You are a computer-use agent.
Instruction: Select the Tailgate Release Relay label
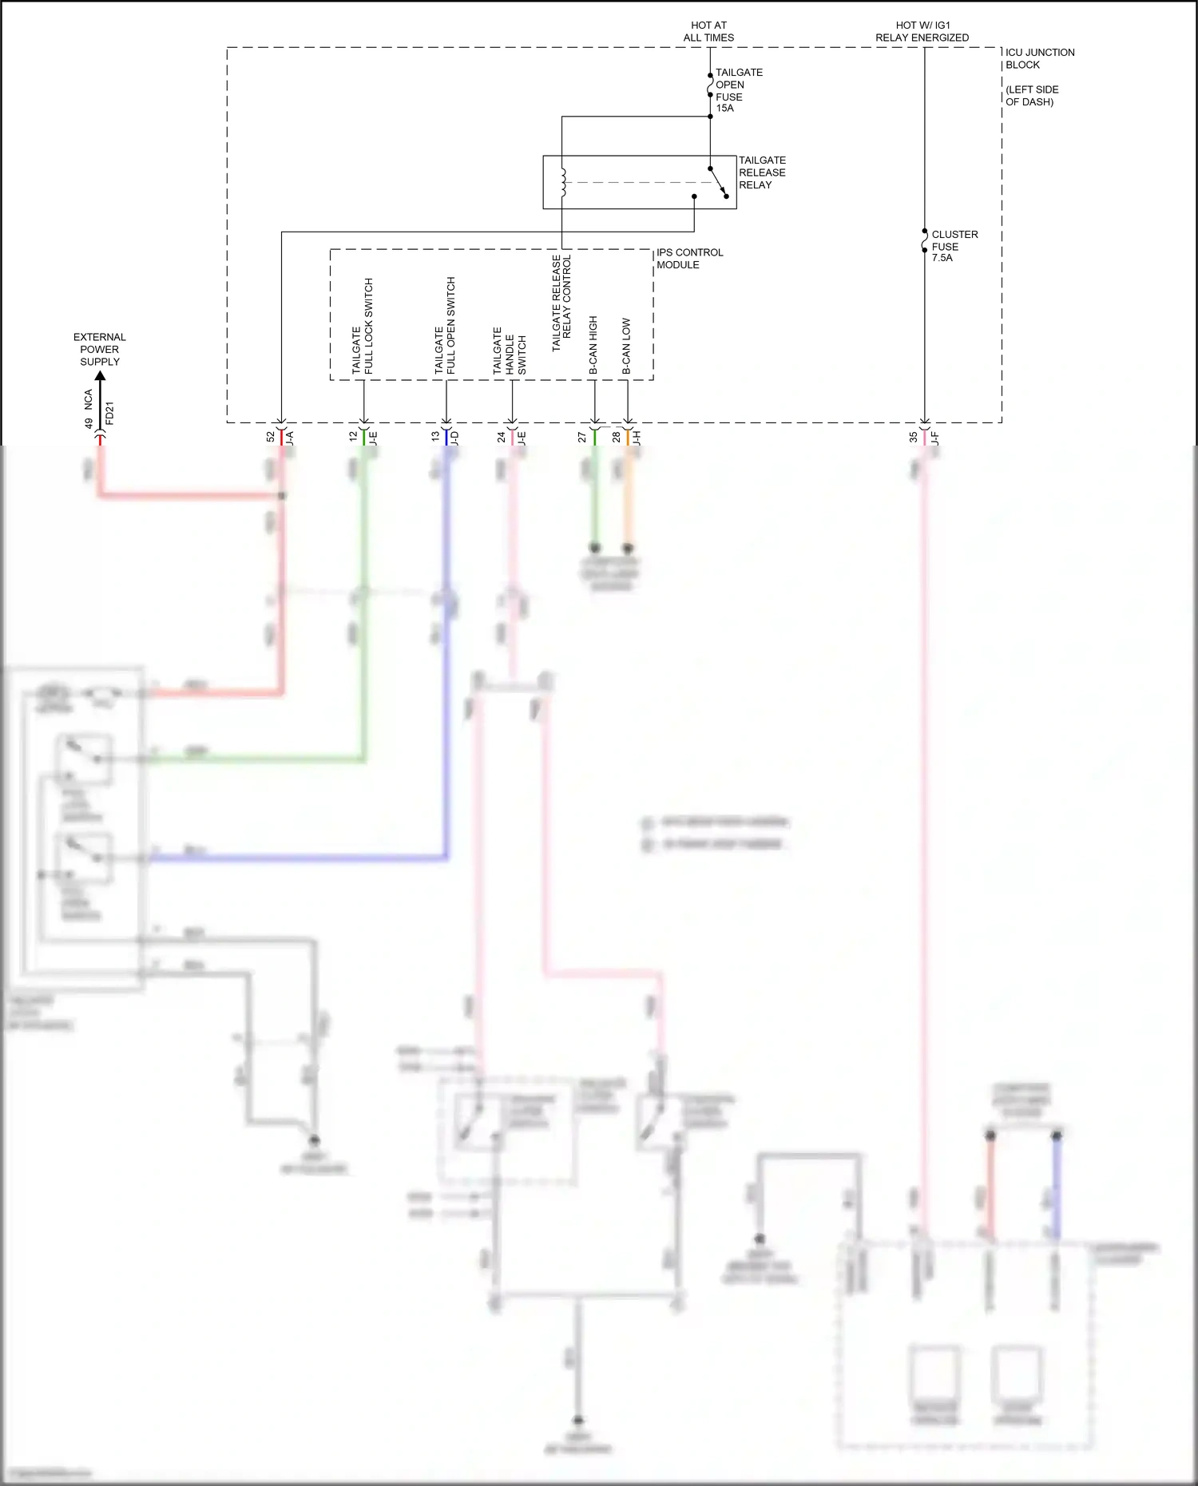click(761, 172)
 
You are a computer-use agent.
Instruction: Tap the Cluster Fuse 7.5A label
click(954, 246)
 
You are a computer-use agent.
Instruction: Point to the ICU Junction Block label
click(1039, 58)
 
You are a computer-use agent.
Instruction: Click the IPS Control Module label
click(689, 259)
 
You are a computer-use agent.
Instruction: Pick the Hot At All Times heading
click(708, 31)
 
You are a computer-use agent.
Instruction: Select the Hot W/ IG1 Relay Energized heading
click(922, 31)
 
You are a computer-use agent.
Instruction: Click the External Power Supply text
click(100, 349)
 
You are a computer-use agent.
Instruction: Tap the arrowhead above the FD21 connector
click(100, 376)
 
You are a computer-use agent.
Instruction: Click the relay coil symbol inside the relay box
click(562, 182)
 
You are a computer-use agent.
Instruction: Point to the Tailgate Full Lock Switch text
click(363, 326)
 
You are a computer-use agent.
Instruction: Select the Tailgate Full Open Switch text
click(445, 326)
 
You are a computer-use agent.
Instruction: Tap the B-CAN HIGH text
click(593, 345)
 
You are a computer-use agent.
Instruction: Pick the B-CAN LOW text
click(627, 347)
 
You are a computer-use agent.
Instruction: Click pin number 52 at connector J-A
click(271, 437)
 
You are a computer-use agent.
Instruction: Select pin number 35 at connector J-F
click(914, 437)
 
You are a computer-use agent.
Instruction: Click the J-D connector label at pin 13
click(455, 438)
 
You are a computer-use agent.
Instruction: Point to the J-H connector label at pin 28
click(637, 438)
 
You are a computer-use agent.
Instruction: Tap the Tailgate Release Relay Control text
click(561, 303)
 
